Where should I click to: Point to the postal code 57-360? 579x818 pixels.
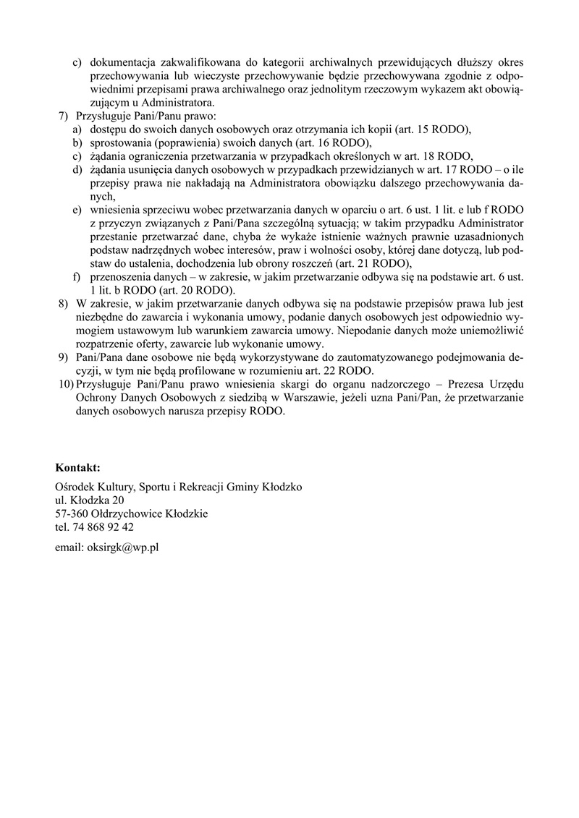tap(69, 514)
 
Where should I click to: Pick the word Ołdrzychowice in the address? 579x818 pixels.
tap(116, 514)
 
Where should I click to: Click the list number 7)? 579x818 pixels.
tap(62, 116)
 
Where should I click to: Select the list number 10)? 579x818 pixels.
tap(64, 384)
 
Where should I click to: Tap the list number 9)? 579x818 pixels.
tap(63, 357)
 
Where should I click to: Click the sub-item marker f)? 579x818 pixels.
tap(75, 277)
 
